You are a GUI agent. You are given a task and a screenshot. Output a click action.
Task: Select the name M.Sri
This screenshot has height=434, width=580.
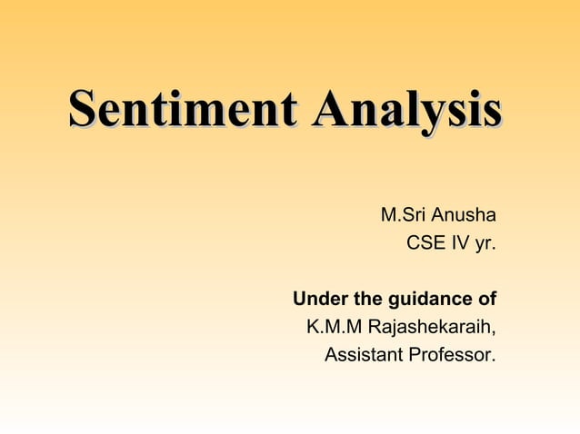coord(404,216)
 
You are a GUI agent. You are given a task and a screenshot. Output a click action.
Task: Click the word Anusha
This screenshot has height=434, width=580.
coord(464,216)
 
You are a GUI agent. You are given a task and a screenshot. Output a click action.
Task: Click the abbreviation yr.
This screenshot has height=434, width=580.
coord(485,243)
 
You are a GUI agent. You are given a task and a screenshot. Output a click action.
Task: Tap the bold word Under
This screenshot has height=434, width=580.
coord(316,299)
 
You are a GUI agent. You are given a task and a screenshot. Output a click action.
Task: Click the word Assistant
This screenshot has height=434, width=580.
coord(365,353)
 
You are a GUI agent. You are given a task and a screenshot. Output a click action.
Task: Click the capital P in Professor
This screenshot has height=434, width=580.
coord(416,353)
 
